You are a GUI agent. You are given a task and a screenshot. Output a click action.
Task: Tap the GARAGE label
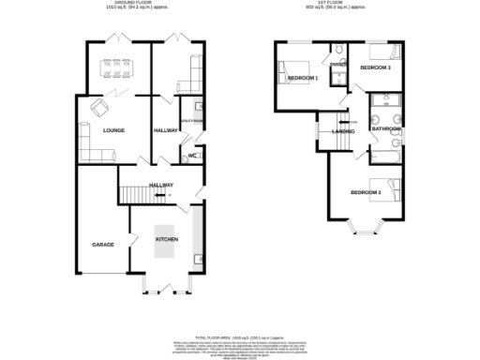pyautogui.click(x=102, y=244)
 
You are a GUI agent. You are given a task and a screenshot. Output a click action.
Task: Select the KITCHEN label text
pyautogui.click(x=166, y=240)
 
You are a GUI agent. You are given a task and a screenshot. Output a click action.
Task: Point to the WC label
pyautogui.click(x=192, y=156)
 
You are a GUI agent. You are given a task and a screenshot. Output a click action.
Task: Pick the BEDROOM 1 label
pyautogui.click(x=303, y=78)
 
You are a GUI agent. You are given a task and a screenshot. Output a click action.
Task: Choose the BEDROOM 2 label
pyautogui.click(x=365, y=192)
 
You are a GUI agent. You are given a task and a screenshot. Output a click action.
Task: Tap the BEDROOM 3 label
pyautogui.click(x=376, y=68)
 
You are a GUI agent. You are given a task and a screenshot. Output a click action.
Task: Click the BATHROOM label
pyautogui.click(x=385, y=129)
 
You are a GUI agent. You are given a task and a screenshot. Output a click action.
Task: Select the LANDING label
pyautogui.click(x=342, y=131)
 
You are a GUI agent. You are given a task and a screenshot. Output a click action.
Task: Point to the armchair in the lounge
pyautogui.click(x=97, y=108)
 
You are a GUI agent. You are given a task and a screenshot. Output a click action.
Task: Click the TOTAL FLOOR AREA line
pyautogui.click(x=239, y=336)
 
